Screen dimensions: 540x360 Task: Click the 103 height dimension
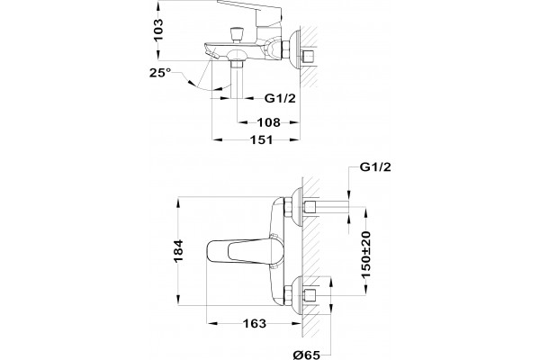pyautogui.click(x=158, y=30)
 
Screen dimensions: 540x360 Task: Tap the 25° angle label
pyautogui.click(x=160, y=73)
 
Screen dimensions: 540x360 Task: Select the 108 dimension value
pyautogui.click(x=269, y=122)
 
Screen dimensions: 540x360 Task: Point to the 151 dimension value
pyautogui.click(x=261, y=139)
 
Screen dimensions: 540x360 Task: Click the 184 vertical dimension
pyautogui.click(x=178, y=251)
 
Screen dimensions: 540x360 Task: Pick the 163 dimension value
pyautogui.click(x=255, y=323)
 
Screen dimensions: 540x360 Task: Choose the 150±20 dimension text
pyautogui.click(x=366, y=255)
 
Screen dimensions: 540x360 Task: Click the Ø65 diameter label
pyautogui.click(x=307, y=355)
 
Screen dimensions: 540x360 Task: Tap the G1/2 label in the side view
pyautogui.click(x=280, y=98)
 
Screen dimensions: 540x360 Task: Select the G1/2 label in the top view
pyautogui.click(x=375, y=167)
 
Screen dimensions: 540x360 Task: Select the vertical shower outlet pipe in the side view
pyautogui.click(x=238, y=79)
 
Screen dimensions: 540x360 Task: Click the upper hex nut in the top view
pyautogui.click(x=288, y=207)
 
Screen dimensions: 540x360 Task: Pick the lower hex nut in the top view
pyautogui.click(x=288, y=296)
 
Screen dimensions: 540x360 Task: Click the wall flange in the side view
pyautogui.click(x=295, y=49)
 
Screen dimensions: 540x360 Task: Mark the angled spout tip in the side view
pyautogui.click(x=212, y=54)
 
